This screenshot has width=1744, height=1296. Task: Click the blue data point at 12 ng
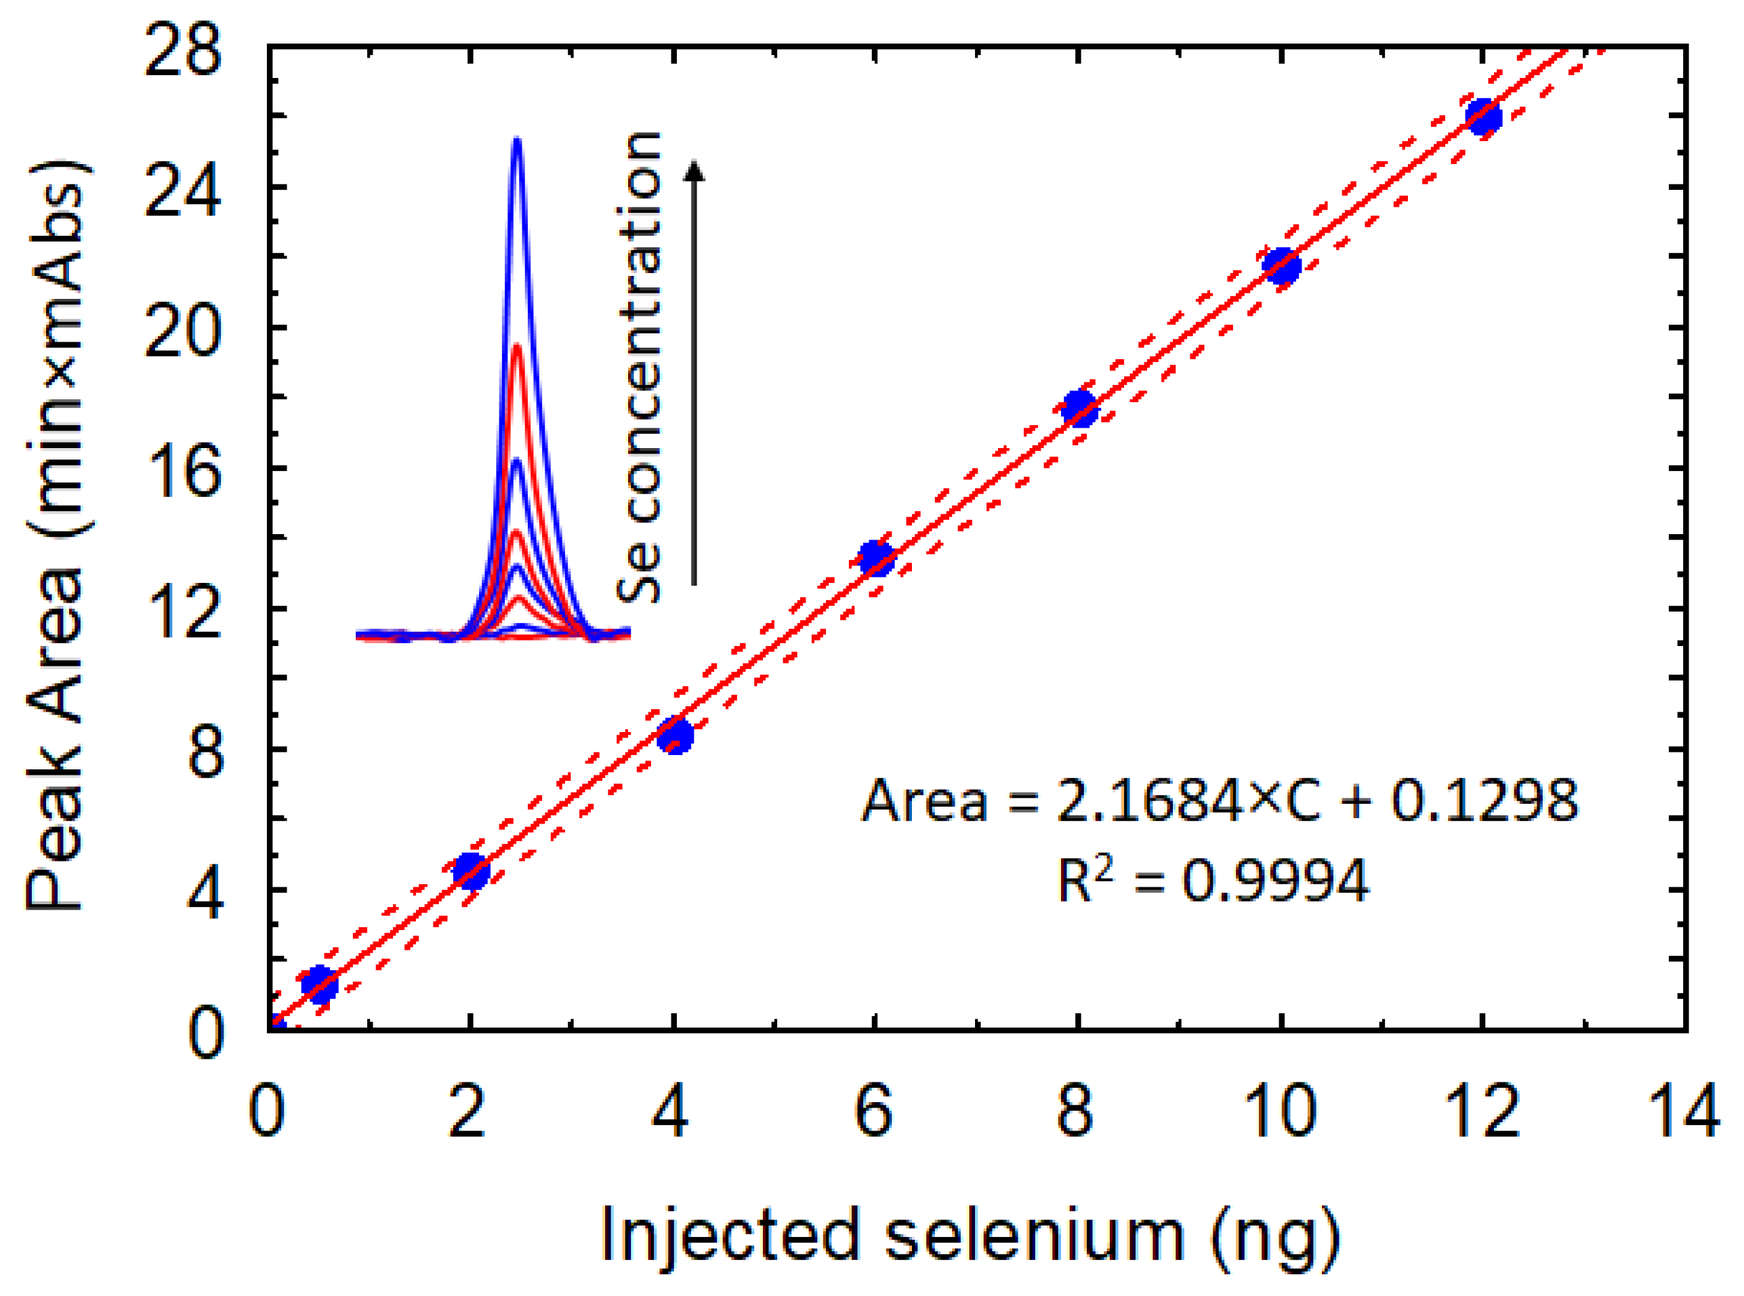[x=1484, y=118]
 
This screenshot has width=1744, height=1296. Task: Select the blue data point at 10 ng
[x=1282, y=266]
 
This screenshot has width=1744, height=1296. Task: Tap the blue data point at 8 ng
[x=1080, y=409]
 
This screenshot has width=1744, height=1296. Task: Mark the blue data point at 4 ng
[x=675, y=735]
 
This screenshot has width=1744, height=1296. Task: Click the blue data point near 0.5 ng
[x=319, y=984]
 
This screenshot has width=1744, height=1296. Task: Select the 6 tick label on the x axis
[x=873, y=1112]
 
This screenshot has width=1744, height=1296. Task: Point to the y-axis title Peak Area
[x=56, y=533]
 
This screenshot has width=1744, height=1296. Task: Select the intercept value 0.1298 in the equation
[x=1484, y=802]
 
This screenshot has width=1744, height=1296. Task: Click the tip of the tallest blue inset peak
[x=517, y=141]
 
